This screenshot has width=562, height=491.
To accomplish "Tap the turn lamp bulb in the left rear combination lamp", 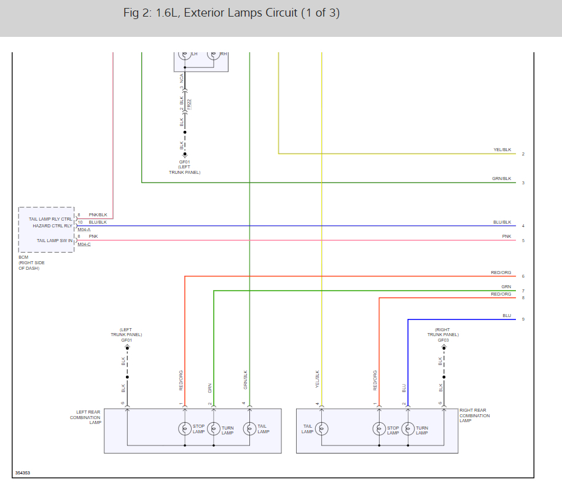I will (214, 428).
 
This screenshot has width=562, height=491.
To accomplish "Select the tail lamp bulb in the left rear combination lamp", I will (249, 428).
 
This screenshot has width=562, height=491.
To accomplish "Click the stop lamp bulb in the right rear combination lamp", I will (380, 428).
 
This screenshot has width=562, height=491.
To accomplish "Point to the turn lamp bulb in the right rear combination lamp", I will (408, 428).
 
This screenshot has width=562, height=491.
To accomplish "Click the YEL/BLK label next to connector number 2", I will (502, 150).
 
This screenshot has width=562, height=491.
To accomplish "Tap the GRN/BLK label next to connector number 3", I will (502, 179).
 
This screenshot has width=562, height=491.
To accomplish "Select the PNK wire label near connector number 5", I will (507, 237).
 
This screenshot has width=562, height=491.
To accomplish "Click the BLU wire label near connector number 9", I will (507, 316).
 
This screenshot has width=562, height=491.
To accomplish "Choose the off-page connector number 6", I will (523, 277).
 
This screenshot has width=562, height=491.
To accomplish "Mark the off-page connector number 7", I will (523, 291).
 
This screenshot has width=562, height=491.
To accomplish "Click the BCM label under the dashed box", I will (23, 257).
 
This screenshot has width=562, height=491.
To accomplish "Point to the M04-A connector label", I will (84, 230).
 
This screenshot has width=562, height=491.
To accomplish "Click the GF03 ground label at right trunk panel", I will (443, 340).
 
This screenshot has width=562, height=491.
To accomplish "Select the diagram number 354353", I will (23, 473).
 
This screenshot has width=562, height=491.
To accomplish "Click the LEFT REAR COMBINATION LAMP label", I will (85, 417).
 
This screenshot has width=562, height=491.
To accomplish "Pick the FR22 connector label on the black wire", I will (189, 104).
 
